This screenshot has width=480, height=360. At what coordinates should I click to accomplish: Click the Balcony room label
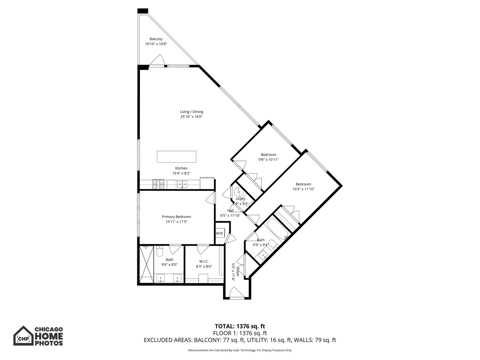point(156,39)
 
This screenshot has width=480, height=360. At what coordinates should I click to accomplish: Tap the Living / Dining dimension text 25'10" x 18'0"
point(191,117)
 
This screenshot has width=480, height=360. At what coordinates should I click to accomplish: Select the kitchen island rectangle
point(176,157)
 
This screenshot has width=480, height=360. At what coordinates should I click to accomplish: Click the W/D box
point(220,233)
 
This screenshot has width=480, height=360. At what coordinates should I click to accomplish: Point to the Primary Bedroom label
point(176,217)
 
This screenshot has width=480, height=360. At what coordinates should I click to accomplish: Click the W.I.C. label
point(204,261)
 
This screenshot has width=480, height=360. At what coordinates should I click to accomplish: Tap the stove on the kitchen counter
point(159,184)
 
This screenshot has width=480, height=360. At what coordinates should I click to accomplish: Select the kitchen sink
point(182,184)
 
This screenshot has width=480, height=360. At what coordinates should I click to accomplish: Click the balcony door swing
point(157,60)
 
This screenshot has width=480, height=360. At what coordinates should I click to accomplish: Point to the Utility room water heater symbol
point(239,192)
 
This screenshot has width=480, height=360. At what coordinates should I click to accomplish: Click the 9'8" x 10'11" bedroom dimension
point(268,160)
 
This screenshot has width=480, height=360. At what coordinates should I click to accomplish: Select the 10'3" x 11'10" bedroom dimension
point(303,189)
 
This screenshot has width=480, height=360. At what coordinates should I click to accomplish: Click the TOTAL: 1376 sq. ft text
point(240,326)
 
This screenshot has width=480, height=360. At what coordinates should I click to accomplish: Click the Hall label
point(230,211)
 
